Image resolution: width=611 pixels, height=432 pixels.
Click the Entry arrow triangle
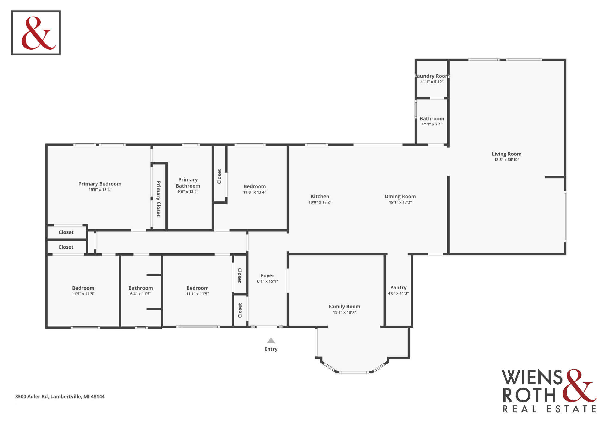coord(271,341)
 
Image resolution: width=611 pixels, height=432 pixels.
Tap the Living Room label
coord(506,154)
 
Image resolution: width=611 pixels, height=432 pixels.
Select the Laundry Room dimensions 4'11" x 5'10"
coord(432,82)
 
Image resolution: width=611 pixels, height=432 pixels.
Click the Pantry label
coord(398,287)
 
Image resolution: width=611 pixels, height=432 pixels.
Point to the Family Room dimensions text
coord(344,312)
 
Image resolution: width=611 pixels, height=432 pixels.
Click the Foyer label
coord(268,275)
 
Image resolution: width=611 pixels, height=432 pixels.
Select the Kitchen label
coord(320,196)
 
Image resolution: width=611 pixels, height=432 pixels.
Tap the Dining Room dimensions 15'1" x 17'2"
coord(400,202)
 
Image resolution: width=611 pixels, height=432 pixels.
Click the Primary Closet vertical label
coord(158,199)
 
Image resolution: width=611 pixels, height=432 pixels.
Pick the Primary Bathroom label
coord(188,183)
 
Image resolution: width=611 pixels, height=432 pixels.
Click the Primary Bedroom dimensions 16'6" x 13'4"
coord(100,190)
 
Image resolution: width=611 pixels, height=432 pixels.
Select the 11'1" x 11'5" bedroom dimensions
coord(197,294)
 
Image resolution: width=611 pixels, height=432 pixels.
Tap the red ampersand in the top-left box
coord(38,33)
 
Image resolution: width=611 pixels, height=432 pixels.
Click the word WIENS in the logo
coord(532,378)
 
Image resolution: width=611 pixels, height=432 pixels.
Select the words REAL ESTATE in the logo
coord(549,409)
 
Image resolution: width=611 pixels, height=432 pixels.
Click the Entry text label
coord(271,349)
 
